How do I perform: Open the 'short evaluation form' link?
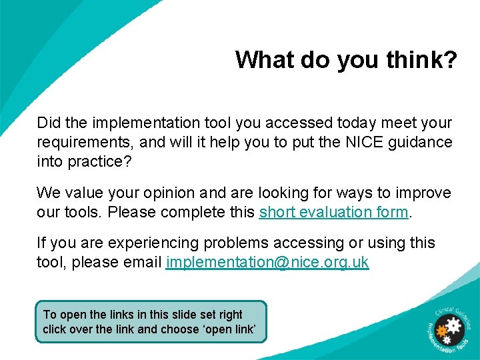[333, 212]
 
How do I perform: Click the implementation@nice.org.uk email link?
[267, 262]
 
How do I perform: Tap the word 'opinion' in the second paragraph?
[169, 193]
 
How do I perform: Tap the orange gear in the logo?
[441, 329]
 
